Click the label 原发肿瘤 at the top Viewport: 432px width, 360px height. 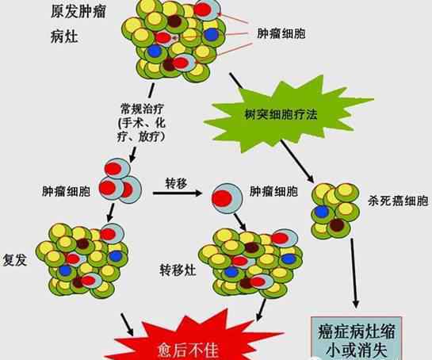pos(78,12)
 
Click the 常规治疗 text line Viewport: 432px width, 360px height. pos(142,109)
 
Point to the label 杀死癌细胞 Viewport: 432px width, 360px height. pos(398,201)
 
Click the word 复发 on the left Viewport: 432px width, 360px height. pos(15,259)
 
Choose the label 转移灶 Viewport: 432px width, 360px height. pos(178,270)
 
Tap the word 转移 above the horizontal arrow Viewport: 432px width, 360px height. pos(176,183)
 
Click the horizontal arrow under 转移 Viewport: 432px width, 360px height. pos(178,193)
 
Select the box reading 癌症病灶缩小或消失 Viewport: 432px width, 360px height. pos(356,339)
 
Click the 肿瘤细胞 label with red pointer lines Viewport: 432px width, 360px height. pos(281,33)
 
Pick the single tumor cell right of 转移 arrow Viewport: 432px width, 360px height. pos(227,199)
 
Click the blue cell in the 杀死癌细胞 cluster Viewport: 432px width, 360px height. pos(322,212)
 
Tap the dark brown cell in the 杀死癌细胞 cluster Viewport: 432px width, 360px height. pos(337,225)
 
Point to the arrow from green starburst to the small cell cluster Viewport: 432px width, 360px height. pos(297,162)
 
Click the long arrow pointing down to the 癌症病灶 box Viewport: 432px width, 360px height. pos(354,274)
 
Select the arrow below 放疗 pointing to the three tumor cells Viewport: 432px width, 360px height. pos(133,155)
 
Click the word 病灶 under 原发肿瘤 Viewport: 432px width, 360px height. pos(64,36)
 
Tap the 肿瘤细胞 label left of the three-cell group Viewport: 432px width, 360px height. pos(66,191)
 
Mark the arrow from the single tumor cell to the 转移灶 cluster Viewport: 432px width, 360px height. pos(240,222)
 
